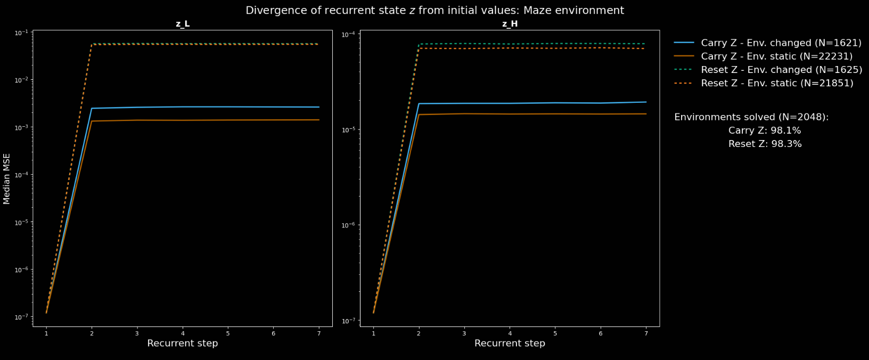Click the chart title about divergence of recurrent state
click(x=434, y=11)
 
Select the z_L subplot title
click(x=183, y=24)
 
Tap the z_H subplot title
click(x=510, y=24)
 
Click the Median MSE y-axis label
click(x=7, y=178)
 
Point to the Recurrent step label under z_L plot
click(x=183, y=343)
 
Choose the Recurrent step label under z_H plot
click(x=510, y=343)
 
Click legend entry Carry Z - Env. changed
click(x=781, y=43)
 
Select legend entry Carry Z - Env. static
click(x=776, y=56)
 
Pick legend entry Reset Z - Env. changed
click(x=781, y=70)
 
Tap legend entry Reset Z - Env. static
click(x=777, y=83)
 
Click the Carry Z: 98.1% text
click(x=765, y=130)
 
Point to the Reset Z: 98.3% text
click(x=765, y=144)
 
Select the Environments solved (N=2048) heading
click(x=751, y=117)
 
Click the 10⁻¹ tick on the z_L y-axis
click(x=22, y=33)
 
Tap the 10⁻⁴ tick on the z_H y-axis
click(x=349, y=35)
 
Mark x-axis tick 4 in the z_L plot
click(x=183, y=333)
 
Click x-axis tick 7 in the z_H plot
click(x=646, y=333)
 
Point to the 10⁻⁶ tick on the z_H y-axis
click(x=349, y=225)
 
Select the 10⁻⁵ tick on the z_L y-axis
click(x=22, y=222)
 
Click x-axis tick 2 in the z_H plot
click(x=419, y=333)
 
